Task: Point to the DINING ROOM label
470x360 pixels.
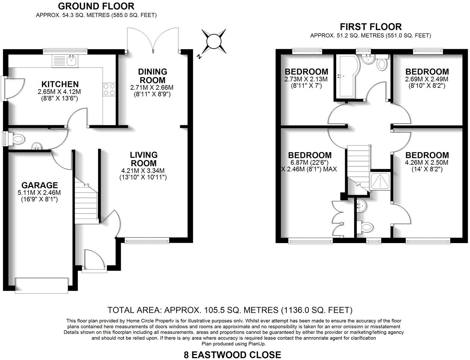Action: coord(152,76)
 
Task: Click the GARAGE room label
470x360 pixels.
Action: coord(39,185)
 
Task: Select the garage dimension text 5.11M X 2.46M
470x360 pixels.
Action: coord(39,192)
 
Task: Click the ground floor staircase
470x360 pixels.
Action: coord(86,203)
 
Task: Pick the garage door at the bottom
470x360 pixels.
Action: coord(42,285)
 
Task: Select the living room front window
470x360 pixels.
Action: coord(147,240)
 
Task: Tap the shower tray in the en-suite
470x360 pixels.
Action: coord(381,181)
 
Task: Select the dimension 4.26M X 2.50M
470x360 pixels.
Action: coord(427,163)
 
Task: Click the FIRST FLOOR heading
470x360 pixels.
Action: coord(370,27)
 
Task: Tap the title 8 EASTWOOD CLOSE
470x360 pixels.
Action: coord(232,355)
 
